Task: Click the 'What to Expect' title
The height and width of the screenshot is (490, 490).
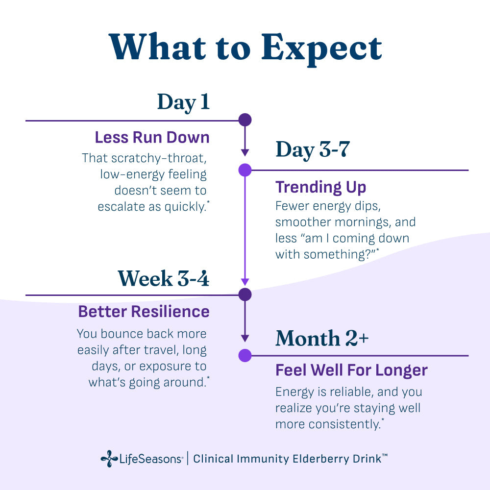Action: point(245,48)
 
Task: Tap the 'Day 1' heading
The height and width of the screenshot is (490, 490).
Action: point(183,102)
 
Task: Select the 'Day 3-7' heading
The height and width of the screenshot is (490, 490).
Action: point(312,149)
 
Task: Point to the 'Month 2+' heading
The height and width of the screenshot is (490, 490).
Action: point(322,338)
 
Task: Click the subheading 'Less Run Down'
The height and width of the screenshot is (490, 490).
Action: point(152,137)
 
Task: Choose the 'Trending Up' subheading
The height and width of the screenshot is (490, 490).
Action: point(320,187)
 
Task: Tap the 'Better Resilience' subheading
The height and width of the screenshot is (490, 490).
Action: point(144,312)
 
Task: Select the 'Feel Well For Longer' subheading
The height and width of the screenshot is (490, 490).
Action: point(351,370)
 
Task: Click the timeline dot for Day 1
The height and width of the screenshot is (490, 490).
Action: point(245,120)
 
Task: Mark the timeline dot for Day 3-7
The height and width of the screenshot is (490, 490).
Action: point(245,170)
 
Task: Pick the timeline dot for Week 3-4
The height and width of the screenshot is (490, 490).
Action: point(245,294)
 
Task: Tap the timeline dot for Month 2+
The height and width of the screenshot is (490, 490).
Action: point(245,355)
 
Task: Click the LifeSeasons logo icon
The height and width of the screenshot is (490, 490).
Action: point(109,459)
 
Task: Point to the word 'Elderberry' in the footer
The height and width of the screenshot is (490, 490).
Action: point(315,459)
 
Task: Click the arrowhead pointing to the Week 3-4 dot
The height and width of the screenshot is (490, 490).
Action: point(245,282)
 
